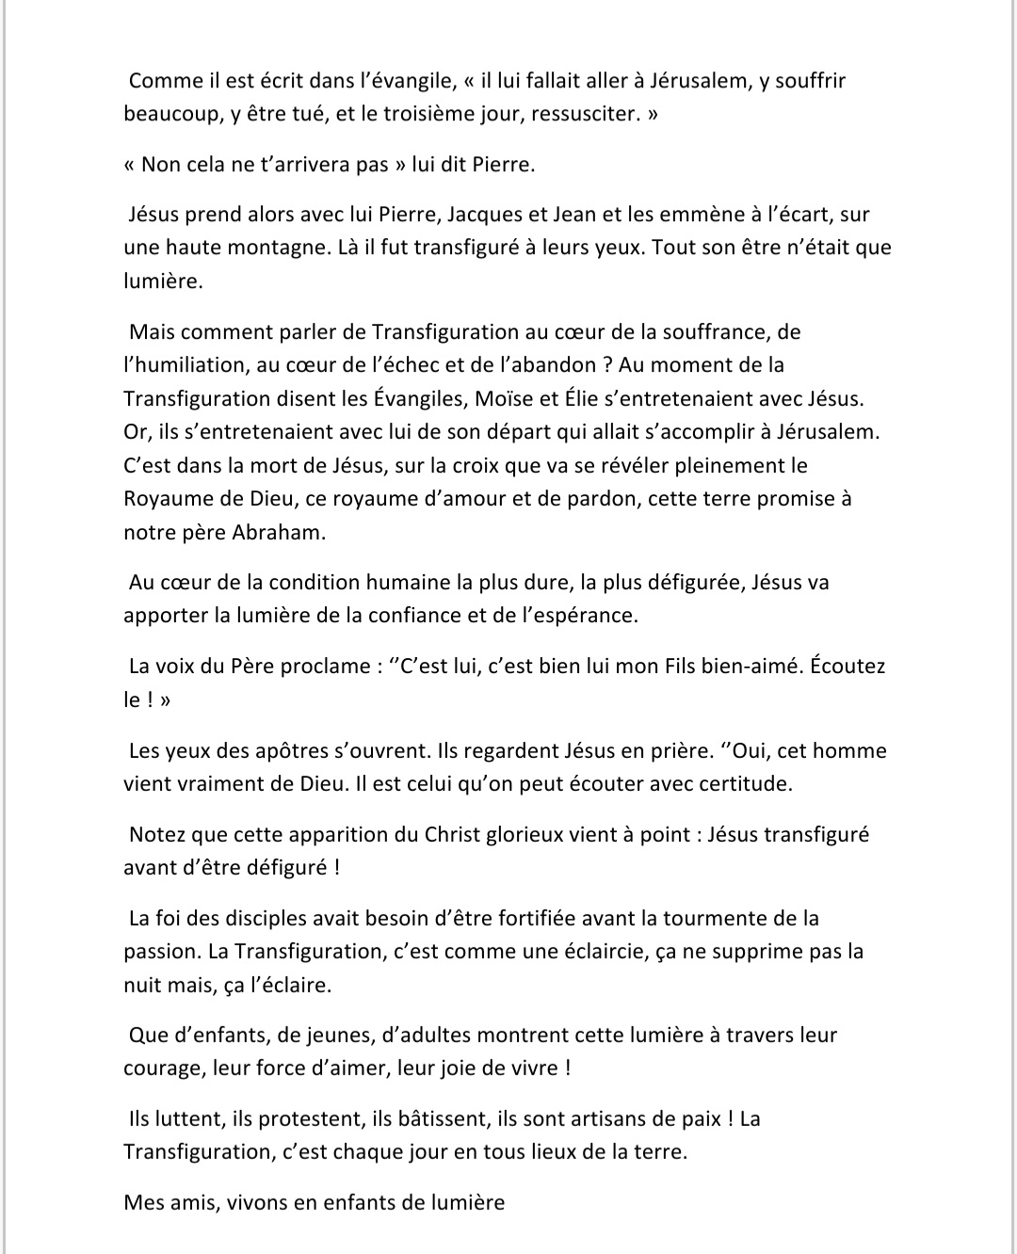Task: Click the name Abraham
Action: [278, 532]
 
